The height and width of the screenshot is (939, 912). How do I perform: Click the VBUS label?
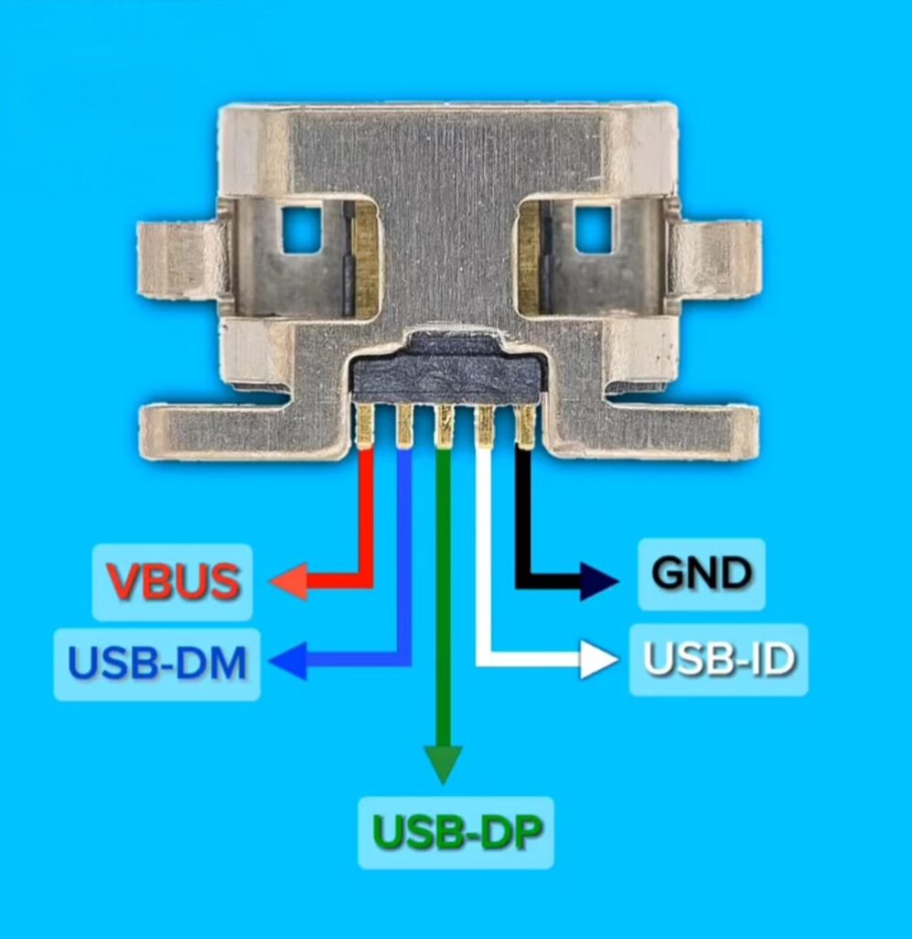click(173, 581)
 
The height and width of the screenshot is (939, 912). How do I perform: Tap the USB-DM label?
click(158, 664)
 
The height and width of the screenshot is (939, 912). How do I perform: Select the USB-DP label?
click(456, 833)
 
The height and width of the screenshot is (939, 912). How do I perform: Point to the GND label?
click(701, 574)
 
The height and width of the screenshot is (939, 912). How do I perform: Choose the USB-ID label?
click(719, 659)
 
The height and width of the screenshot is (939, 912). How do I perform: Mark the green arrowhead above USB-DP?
click(444, 764)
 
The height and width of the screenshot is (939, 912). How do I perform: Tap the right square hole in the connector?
click(594, 230)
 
